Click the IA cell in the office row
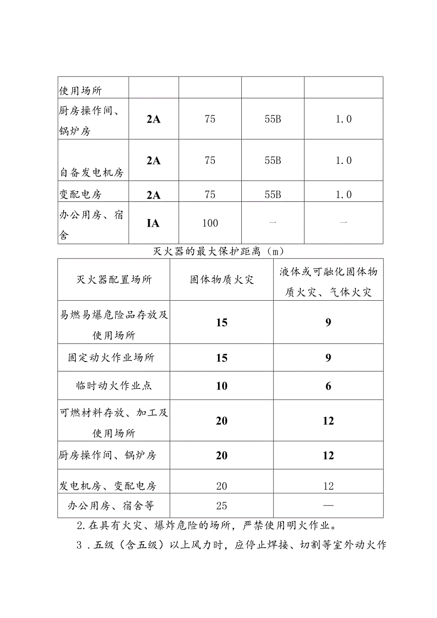coord(153,223)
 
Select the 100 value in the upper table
coord(210,223)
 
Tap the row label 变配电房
coord(80,195)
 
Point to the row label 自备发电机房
coord(92,172)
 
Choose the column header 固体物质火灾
coord(221,279)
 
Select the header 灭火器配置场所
coord(114,279)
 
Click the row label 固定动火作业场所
coord(111,358)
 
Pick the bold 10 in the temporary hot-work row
coord(221,386)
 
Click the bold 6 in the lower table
coord(328,386)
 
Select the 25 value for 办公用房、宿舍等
coord(221,505)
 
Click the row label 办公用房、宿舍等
coord(111,505)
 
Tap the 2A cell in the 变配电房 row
coord(153,195)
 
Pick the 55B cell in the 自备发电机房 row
coord(273,161)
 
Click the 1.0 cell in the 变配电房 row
coord(343,195)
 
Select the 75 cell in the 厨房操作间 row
coord(210,119)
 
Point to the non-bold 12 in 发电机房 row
coord(328,486)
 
